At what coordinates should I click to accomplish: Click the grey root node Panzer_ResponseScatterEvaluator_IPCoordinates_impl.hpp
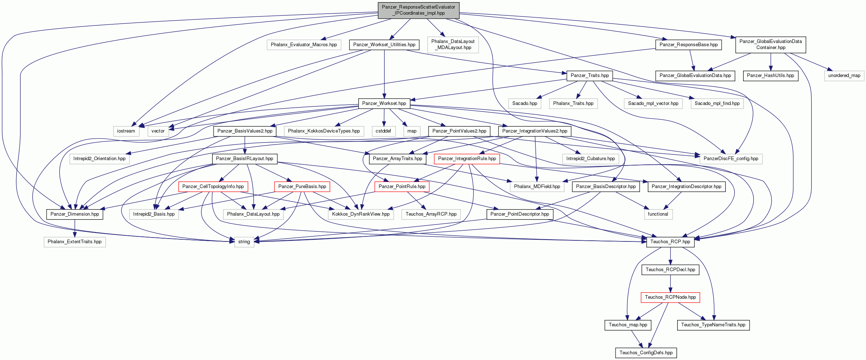pyautogui.click(x=418, y=10)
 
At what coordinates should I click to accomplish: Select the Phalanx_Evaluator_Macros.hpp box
pyautogui.click(x=304, y=45)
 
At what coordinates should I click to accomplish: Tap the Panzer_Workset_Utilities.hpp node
pyautogui.click(x=384, y=45)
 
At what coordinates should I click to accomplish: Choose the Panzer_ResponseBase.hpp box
pyautogui.click(x=689, y=45)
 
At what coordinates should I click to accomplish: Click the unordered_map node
pyautogui.click(x=844, y=76)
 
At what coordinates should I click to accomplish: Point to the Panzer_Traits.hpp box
pyautogui.click(x=590, y=76)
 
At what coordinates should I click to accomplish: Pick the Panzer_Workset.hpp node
pyautogui.click(x=384, y=104)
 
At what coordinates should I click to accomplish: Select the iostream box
pyautogui.click(x=126, y=131)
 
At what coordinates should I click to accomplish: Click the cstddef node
pyautogui.click(x=383, y=131)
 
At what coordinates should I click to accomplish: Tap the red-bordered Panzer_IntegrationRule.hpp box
pyautogui.click(x=467, y=159)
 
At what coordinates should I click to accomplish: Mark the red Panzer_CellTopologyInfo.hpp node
pyautogui.click(x=213, y=187)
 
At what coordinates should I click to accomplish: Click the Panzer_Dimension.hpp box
pyautogui.click(x=75, y=214)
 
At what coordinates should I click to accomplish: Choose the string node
pyautogui.click(x=244, y=242)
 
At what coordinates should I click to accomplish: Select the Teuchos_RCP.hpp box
pyautogui.click(x=670, y=242)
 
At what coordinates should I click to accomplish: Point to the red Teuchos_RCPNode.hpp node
pyautogui.click(x=670, y=297)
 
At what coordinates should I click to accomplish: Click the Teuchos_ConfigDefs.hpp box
pyautogui.click(x=646, y=353)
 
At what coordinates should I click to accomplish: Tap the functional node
pyautogui.click(x=658, y=214)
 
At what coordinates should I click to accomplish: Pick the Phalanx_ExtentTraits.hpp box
pyautogui.click(x=75, y=242)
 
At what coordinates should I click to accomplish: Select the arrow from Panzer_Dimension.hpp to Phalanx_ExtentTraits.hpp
pyautogui.click(x=75, y=228)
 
